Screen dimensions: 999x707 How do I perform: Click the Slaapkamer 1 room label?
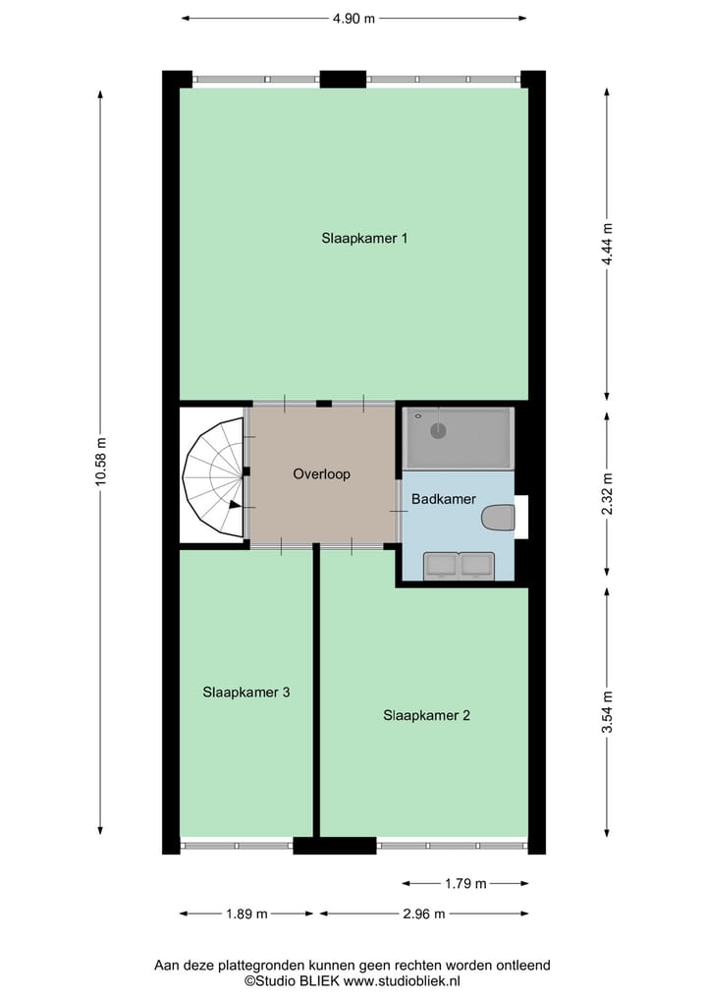363,238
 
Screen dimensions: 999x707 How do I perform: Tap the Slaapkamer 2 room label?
426,715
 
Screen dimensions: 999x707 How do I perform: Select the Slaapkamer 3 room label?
245,692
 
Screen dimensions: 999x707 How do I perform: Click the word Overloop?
321,473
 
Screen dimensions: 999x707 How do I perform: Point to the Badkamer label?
443,499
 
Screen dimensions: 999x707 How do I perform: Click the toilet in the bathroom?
499,518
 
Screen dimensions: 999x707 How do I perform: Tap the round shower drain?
438,430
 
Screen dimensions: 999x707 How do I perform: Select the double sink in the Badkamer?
458,565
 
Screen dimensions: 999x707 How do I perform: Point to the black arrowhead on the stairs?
234,505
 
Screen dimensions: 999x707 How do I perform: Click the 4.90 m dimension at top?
354,18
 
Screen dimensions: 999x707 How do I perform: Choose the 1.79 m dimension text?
465,883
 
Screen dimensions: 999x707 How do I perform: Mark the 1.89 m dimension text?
247,914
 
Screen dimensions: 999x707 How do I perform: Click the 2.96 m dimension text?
424,914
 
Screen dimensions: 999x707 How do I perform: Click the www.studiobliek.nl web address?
403,980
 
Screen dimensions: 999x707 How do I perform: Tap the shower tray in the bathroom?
460,438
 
